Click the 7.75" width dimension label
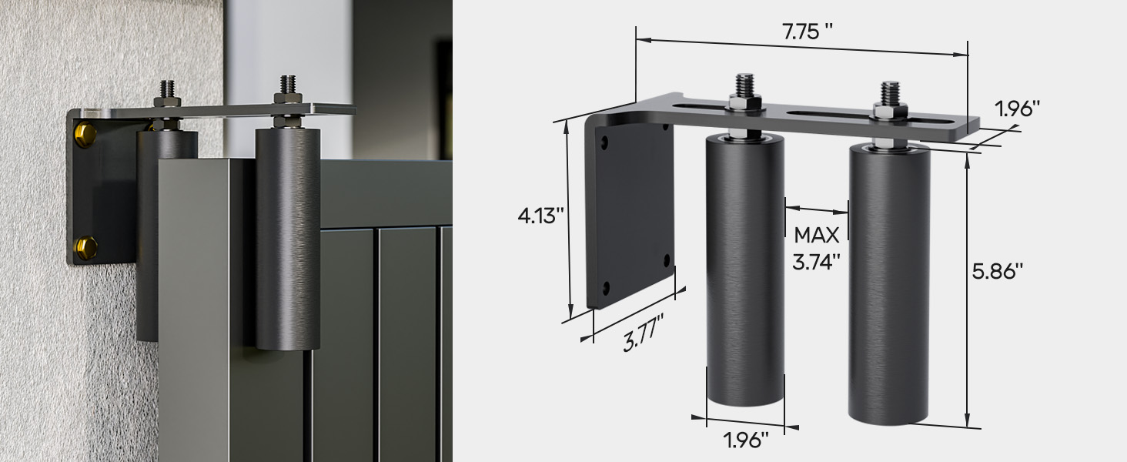pyautogui.click(x=808, y=32)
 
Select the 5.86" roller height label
pyautogui.click(x=998, y=271)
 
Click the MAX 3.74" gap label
pyautogui.click(x=817, y=248)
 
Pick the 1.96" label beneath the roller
pyautogui.click(x=746, y=440)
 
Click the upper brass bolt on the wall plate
pyautogui.click(x=85, y=136)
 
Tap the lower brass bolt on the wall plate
pyautogui.click(x=85, y=247)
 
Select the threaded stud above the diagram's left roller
pyautogui.click(x=744, y=85)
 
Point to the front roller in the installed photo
pyautogui.click(x=288, y=239)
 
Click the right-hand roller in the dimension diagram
pyautogui.click(x=889, y=285)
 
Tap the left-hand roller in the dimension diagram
pyautogui.click(x=745, y=269)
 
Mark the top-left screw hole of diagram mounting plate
pyautogui.click(x=604, y=142)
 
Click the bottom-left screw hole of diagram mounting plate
pyautogui.click(x=606, y=287)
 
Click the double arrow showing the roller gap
pyautogui.click(x=817, y=208)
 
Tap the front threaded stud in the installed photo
pyautogui.click(x=288, y=85)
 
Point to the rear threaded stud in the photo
pyautogui.click(x=167, y=89)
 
